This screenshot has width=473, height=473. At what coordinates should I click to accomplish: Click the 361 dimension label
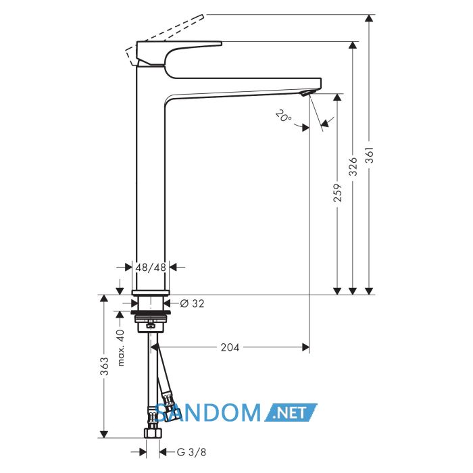click(x=369, y=155)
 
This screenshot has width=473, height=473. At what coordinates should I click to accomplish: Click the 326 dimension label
click(x=353, y=166)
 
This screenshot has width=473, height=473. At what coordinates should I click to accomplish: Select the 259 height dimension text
click(x=338, y=193)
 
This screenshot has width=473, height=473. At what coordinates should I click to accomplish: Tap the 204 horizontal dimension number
click(x=230, y=347)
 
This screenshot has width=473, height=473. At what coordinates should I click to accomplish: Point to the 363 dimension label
click(x=104, y=366)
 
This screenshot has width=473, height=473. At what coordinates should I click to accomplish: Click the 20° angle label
click(x=284, y=116)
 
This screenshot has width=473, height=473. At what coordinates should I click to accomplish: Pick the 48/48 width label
click(x=151, y=268)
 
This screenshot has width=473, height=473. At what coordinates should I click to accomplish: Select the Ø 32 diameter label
click(x=192, y=303)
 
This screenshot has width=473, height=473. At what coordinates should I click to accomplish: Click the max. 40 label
click(x=121, y=348)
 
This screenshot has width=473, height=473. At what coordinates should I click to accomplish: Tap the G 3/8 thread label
click(x=191, y=452)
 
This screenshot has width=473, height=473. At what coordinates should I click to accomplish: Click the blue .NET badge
click(x=291, y=413)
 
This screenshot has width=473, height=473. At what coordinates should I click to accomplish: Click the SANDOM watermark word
click(x=208, y=413)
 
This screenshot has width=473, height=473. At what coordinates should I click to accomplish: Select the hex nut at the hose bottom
click(x=153, y=432)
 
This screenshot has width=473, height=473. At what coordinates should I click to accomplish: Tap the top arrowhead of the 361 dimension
click(x=369, y=18)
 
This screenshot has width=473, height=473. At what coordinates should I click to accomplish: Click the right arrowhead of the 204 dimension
click(x=305, y=347)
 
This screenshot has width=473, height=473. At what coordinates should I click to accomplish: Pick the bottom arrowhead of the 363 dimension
click(x=104, y=434)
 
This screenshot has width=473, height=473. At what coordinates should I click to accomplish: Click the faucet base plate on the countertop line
click(x=151, y=293)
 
